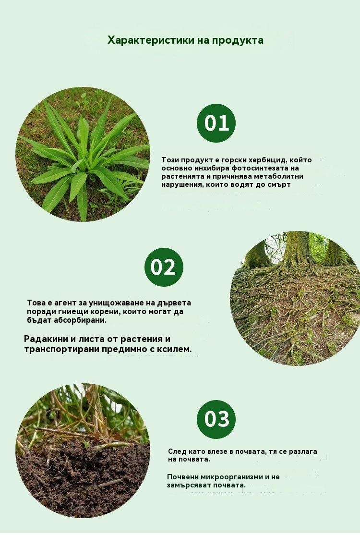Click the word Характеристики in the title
tap(151, 40)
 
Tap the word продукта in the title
tap(238, 41)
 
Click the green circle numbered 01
tap(216, 123)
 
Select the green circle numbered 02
tap(164, 267)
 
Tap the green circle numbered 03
tap(216, 419)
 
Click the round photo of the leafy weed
tap(83, 155)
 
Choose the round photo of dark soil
tap(83, 451)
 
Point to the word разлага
tap(303, 451)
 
